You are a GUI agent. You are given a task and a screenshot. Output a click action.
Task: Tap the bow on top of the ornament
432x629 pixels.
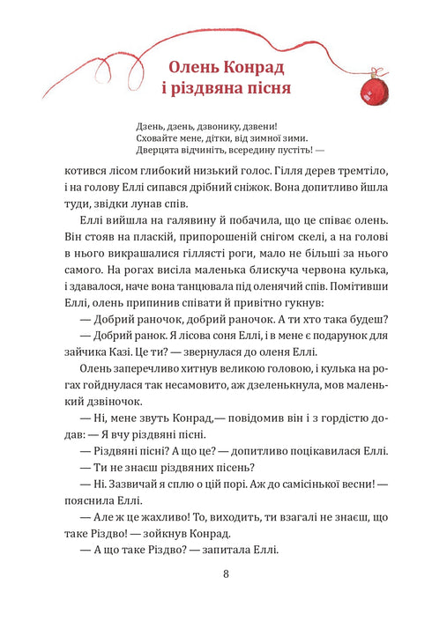[x=370, y=70]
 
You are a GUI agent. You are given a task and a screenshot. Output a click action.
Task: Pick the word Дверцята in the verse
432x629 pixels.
[x=162, y=151]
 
